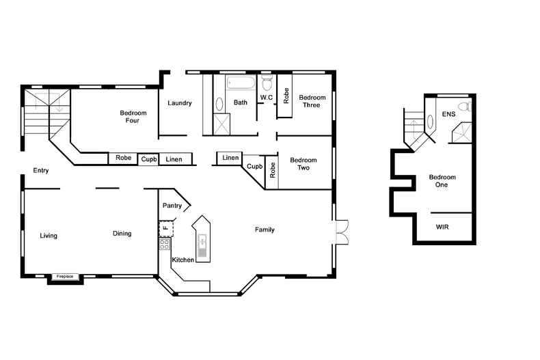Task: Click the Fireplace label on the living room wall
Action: pyautogui.click(x=65, y=277)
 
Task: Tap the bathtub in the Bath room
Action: pyautogui.click(x=241, y=82)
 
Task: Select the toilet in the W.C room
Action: pyautogui.click(x=267, y=81)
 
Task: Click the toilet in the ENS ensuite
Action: pyautogui.click(x=465, y=107)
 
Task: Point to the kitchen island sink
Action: pyautogui.click(x=202, y=245)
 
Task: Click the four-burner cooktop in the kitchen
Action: pyautogui.click(x=164, y=244)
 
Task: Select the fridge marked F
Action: pyautogui.click(x=165, y=229)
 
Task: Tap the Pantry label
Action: pyautogui.click(x=172, y=206)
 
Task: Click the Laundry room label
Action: pyautogui.click(x=179, y=103)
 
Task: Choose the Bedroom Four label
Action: pyautogui.click(x=133, y=117)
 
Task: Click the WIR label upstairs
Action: pyautogui.click(x=442, y=227)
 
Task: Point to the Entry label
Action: pyautogui.click(x=40, y=171)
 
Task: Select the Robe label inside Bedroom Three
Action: pyautogui.click(x=286, y=96)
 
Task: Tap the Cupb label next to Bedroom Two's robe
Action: pyautogui.click(x=254, y=167)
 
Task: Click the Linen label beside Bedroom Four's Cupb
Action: pyautogui.click(x=174, y=159)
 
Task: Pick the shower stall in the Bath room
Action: pyautogui.click(x=221, y=124)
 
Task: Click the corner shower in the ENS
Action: pyautogui.click(x=462, y=133)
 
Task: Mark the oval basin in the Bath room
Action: pyautogui.click(x=219, y=104)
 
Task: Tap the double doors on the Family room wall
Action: pyautogui.click(x=342, y=232)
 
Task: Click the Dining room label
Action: pyautogui.click(x=122, y=234)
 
